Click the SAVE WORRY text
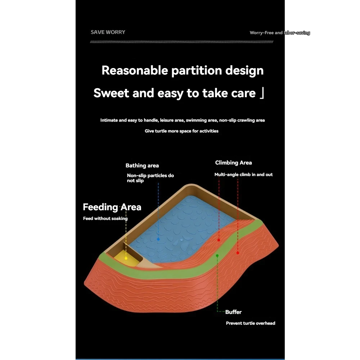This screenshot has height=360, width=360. coord(108,32)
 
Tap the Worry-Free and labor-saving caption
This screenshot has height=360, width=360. coord(280,33)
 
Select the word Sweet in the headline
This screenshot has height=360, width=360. coord(111,93)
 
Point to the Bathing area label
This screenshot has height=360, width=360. coord(142,166)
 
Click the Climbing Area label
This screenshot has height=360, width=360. coord(233,163)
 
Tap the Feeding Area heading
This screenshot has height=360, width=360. coord(112,207)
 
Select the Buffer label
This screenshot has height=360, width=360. coord(233,312)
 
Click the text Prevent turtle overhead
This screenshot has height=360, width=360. coord(250,323)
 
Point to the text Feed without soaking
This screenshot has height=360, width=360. coord(105,219)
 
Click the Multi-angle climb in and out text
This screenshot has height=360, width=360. coord(243,175)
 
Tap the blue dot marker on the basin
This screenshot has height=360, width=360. coord(158,239)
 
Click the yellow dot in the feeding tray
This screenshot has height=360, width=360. coord(126,258)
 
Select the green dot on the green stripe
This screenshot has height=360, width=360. coord(217,255)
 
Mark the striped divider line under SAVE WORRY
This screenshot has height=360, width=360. coord(181,42)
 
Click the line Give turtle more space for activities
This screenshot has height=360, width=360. coord(181,131)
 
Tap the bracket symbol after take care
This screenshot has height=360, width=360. coord(262,93)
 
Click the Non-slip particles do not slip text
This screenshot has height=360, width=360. coord(150,178)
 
